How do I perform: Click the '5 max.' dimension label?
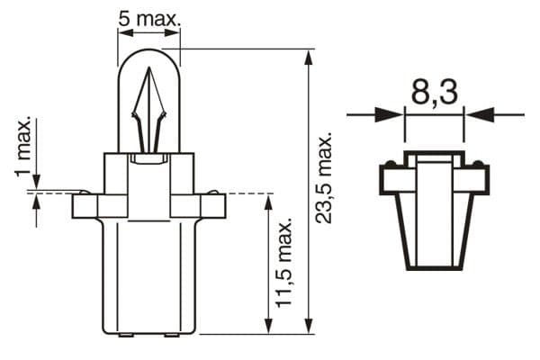[149, 19]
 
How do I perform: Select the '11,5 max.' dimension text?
[284, 263]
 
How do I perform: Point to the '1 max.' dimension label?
[22, 147]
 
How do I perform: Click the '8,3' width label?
[435, 92]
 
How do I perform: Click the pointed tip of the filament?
[149, 67]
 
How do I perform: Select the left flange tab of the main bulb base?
[85, 206]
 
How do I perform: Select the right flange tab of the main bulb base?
[213, 206]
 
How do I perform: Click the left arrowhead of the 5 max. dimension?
[125, 32]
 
